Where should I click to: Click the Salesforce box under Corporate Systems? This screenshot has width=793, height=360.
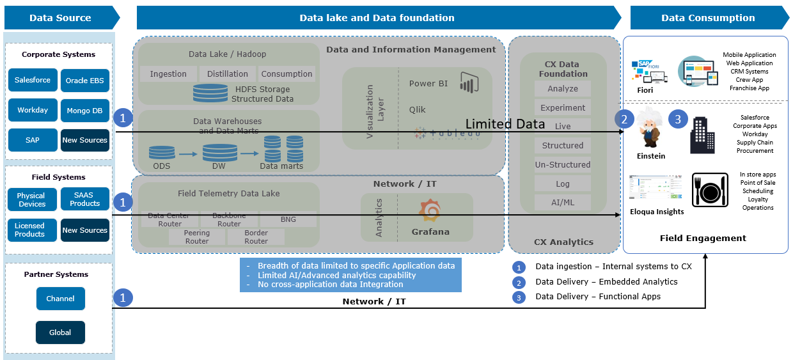point(33,81)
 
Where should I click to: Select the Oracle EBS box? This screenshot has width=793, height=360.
point(85,81)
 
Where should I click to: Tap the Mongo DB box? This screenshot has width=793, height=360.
point(85,111)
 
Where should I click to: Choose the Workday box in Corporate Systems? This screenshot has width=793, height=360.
point(33,111)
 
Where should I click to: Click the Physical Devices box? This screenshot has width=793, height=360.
point(31,200)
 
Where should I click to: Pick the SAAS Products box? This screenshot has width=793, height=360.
point(85,200)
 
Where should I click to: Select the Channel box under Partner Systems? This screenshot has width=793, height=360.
point(61,299)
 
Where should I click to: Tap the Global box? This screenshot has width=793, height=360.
point(61,333)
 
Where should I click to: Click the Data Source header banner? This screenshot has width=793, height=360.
point(61,18)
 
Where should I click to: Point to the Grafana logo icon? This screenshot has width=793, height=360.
point(430,212)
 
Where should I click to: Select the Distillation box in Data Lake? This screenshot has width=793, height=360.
point(228,74)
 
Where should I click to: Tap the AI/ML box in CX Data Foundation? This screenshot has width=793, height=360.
point(563,203)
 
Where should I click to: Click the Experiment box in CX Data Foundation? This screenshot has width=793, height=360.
point(563,108)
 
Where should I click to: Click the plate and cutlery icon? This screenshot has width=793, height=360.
point(710,190)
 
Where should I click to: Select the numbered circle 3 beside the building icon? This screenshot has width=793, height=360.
point(679,119)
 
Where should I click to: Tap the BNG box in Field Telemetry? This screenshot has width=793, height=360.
point(288,219)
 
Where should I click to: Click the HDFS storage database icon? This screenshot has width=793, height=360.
point(210,93)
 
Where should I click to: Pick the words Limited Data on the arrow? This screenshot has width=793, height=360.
point(505,124)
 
